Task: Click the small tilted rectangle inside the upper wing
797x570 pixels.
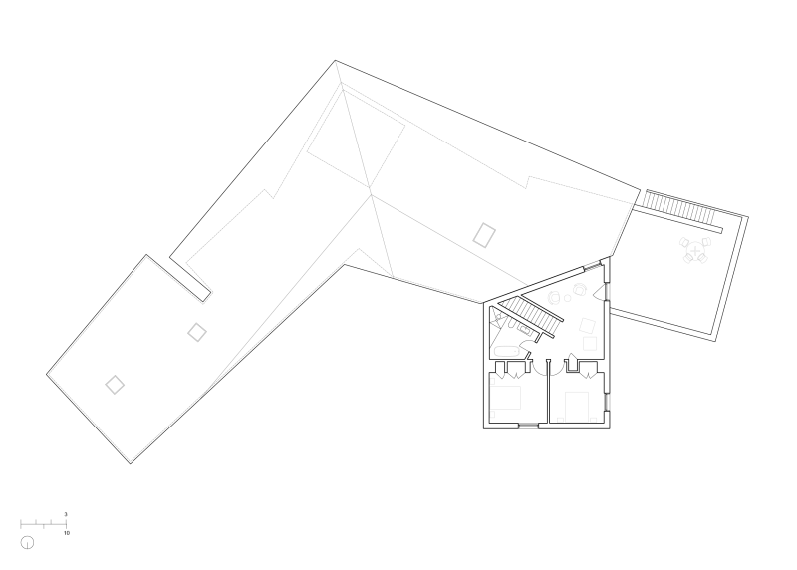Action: (484, 235)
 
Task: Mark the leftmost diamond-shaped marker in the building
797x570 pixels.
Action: (115, 385)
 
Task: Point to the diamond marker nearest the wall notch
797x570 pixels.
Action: (197, 332)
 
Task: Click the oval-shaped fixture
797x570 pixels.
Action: (506, 351)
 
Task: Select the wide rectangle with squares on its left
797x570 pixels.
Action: (505, 398)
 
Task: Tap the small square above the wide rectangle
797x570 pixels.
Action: (492, 381)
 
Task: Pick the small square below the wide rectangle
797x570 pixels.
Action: (492, 415)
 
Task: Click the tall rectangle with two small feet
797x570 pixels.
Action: (577, 406)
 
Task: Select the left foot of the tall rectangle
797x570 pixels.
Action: (560, 420)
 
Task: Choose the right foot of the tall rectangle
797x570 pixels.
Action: (594, 420)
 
